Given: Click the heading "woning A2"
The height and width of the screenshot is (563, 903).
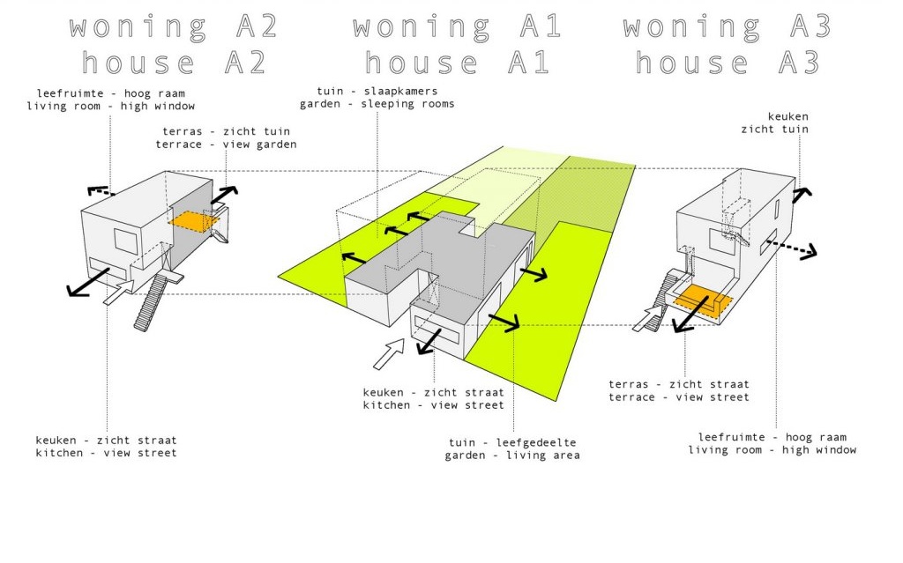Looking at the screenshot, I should point(174,26).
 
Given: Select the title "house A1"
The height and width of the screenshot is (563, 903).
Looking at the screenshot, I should point(458,63).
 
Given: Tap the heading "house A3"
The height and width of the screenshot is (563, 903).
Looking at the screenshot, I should point(728,63).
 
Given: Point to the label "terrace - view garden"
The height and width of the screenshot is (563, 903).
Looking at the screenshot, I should point(226,144).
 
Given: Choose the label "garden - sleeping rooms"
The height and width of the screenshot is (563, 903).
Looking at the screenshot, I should point(377,104).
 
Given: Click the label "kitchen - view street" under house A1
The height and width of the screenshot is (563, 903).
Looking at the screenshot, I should point(433,405).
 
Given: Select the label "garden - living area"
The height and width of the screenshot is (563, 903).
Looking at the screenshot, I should point(512,456).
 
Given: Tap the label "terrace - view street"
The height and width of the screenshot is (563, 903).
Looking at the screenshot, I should point(678,397).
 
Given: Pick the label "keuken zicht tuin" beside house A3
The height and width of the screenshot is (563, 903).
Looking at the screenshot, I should point(787,123).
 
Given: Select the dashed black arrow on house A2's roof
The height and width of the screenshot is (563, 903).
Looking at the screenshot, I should point(101,189).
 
